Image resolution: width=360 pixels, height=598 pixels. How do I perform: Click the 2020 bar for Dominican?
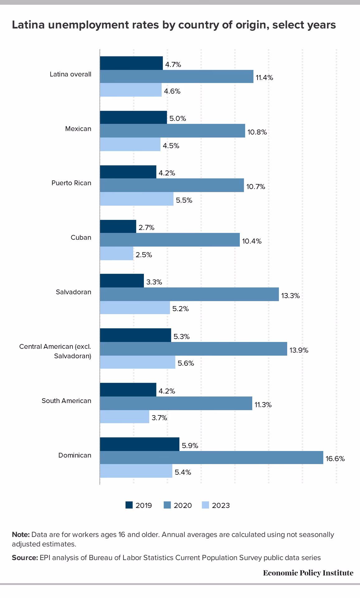click(x=211, y=458)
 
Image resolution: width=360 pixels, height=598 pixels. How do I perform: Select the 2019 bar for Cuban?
click(x=118, y=226)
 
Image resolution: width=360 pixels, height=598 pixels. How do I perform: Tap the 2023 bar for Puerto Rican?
click(x=137, y=199)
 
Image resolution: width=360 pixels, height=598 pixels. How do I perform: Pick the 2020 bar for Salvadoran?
click(x=189, y=294)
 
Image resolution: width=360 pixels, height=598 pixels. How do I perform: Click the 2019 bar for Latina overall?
click(x=131, y=63)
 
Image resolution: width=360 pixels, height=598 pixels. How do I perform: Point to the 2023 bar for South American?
click(x=125, y=417)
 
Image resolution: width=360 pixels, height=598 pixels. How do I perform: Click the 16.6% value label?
click(x=335, y=459)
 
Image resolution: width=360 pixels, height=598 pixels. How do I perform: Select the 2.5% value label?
click(x=144, y=255)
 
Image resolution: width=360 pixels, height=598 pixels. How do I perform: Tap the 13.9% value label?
click(x=299, y=350)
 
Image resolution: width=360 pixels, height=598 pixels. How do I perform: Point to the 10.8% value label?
click(x=257, y=132)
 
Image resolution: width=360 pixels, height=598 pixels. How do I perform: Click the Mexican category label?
click(x=78, y=129)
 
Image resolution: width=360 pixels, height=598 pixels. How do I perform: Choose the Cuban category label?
click(x=81, y=238)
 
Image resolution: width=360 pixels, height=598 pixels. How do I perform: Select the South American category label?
click(x=66, y=401)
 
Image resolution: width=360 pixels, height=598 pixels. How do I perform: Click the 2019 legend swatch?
click(x=129, y=505)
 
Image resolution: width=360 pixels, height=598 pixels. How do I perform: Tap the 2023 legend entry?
click(x=216, y=505)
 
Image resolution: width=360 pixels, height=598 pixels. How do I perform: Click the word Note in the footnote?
click(x=21, y=535)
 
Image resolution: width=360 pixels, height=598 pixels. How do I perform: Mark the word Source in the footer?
click(x=25, y=558)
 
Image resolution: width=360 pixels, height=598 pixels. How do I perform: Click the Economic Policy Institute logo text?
click(x=308, y=573)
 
